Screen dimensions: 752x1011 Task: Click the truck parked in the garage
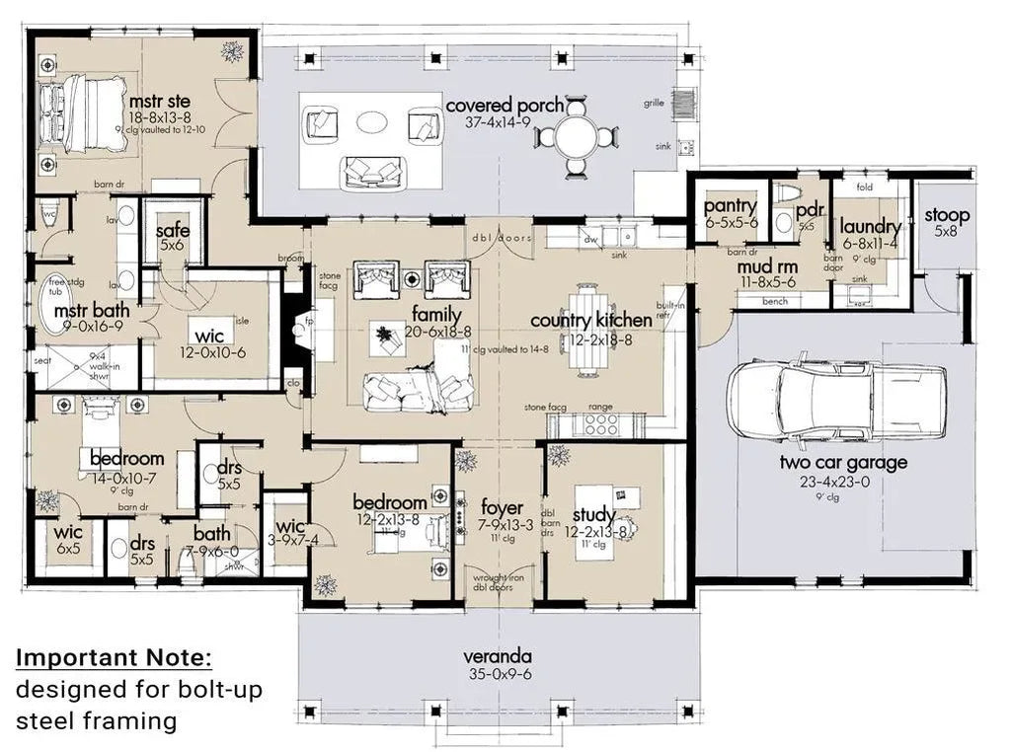[x=835, y=393]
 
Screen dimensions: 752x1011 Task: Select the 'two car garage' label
[x=843, y=462]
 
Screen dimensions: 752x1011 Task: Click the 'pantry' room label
[x=730, y=206]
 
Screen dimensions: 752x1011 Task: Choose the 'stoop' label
[x=947, y=215]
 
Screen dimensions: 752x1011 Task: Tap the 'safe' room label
[x=173, y=231]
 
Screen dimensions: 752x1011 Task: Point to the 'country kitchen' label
[x=590, y=320]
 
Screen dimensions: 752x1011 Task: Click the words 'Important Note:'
[x=114, y=658]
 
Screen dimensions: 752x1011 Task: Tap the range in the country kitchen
[x=600, y=423]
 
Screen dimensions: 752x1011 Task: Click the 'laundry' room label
[x=870, y=227]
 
